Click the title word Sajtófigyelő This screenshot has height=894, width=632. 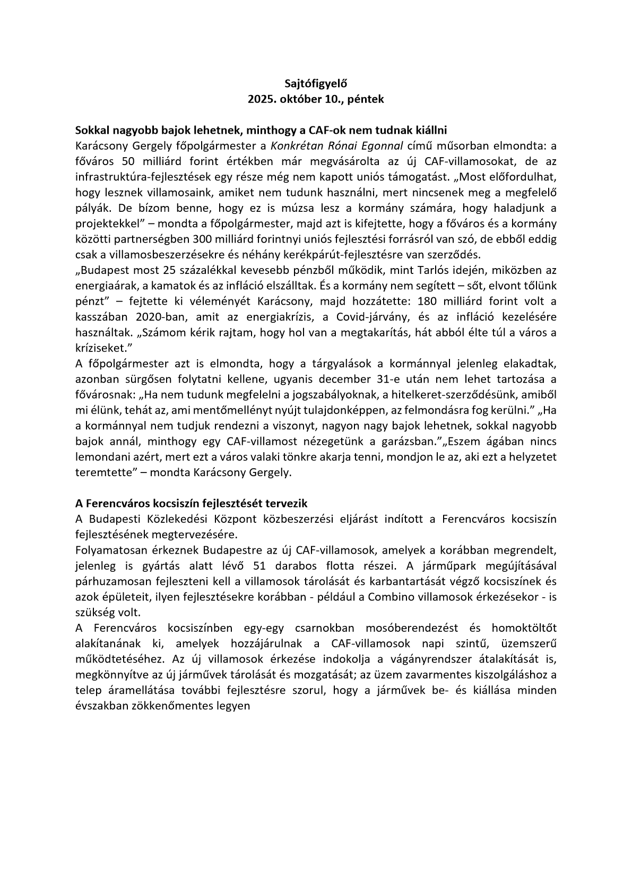point(315,83)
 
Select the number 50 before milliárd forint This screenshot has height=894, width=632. point(128,161)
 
